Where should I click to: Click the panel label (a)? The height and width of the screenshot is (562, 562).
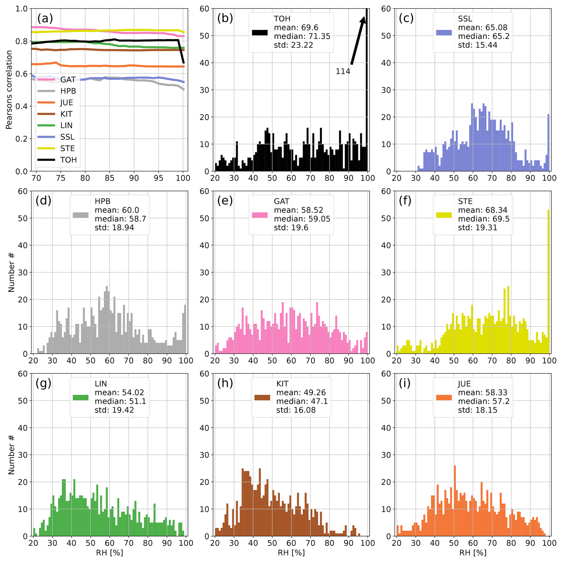point(45,18)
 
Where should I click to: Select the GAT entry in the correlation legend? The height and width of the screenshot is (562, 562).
point(68,80)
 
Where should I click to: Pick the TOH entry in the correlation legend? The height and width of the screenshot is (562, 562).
point(68,160)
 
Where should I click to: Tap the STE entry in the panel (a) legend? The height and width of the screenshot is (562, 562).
point(67,148)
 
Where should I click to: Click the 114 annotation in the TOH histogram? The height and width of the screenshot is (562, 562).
point(343,71)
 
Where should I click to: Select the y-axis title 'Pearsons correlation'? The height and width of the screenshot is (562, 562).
point(9,90)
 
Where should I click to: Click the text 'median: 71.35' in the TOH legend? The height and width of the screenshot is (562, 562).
point(302,36)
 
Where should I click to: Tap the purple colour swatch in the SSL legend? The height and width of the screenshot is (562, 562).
point(444,33)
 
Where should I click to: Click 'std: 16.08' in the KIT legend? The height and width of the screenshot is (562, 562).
point(296,410)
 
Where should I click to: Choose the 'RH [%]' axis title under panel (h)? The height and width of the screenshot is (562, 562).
point(291,552)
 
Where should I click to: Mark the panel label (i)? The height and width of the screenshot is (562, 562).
point(405,383)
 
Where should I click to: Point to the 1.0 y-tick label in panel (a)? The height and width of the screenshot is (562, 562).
point(21,9)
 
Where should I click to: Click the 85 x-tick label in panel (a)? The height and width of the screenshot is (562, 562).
point(109,178)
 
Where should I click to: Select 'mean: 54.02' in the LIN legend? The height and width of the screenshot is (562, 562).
point(119,392)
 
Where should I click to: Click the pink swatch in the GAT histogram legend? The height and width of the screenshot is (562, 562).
point(260,215)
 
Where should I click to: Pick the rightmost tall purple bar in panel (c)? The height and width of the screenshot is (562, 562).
point(548,143)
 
